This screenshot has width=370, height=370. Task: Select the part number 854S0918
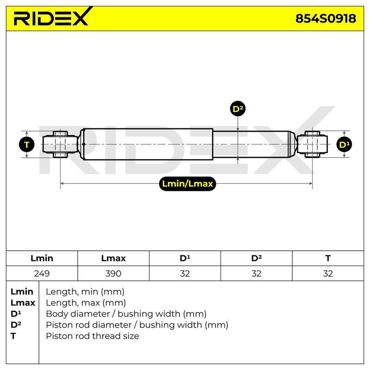[326, 18]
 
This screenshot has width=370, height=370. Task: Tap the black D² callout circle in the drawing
[238, 109]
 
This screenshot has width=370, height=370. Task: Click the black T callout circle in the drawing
[27, 144]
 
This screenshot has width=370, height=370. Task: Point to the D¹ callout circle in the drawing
[344, 144]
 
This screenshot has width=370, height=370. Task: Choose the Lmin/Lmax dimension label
[188, 184]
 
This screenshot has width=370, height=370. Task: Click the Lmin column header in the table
[42, 258]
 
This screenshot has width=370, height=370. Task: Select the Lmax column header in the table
[113, 258]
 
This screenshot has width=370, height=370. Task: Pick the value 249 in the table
[42, 273]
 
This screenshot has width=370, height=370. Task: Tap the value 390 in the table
[113, 273]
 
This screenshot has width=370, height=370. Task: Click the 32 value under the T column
[328, 273]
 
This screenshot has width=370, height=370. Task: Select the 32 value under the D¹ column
[185, 273]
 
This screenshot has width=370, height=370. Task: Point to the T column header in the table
[328, 258]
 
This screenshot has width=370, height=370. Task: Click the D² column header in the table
[256, 258]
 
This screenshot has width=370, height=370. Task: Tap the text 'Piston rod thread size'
[92, 336]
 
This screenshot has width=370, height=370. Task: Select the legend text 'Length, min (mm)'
[85, 292]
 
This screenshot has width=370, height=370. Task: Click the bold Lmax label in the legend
[23, 303]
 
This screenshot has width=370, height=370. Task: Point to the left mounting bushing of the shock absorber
[61, 144]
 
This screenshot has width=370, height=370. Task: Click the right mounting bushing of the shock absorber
[312, 144]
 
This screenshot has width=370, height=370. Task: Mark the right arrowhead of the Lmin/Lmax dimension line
[311, 183]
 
